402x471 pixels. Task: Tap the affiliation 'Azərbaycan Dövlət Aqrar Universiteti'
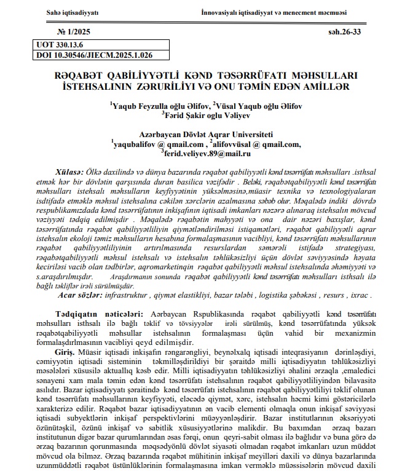point(205,135)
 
